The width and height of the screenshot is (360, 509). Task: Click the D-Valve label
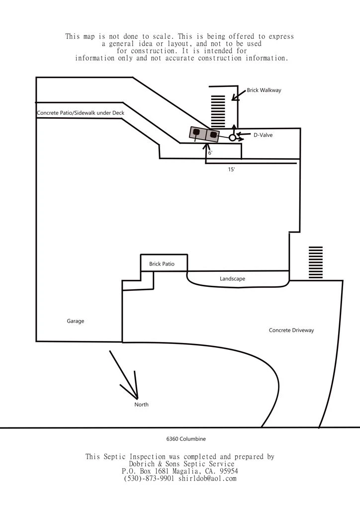[263, 135]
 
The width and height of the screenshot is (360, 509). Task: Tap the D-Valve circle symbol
[232, 138]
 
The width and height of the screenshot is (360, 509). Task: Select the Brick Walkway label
[264, 90]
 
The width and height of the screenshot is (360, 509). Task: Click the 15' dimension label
[231, 170]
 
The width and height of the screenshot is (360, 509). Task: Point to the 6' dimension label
[210, 153]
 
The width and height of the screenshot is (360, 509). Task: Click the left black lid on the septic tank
[197, 132]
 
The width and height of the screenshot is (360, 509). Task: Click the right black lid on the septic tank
[213, 134]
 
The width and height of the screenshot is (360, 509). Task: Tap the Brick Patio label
[162, 264]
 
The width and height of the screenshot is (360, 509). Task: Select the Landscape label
[232, 279]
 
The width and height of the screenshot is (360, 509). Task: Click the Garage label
[76, 321]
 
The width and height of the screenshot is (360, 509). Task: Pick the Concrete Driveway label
[291, 331]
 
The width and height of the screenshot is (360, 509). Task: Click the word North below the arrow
[141, 405]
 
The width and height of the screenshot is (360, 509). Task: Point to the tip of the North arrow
[137, 398]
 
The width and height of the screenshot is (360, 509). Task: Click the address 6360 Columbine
[186, 439]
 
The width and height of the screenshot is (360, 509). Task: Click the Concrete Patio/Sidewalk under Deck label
[81, 113]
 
